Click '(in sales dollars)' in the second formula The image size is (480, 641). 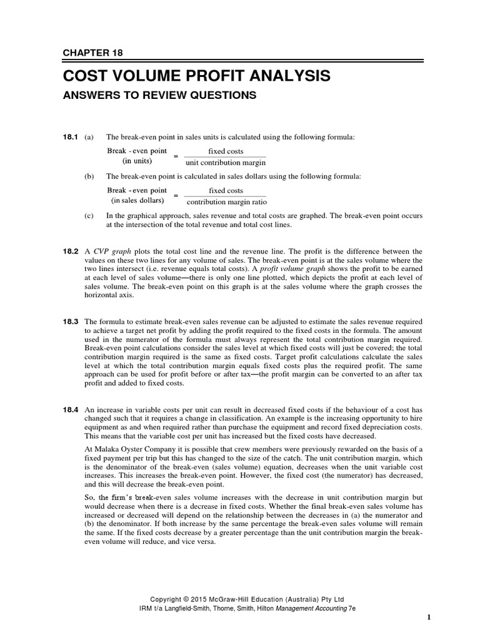137,201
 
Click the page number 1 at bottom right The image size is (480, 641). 429,617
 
